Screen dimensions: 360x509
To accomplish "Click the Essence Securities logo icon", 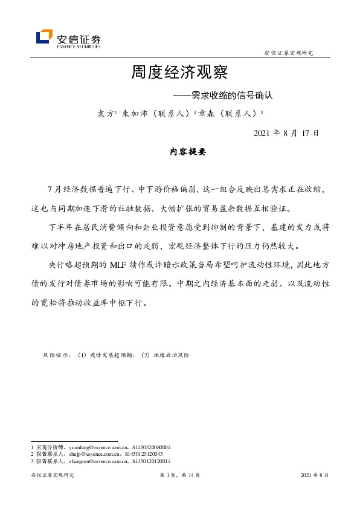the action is pos(44,37).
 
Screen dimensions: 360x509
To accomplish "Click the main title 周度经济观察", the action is pos(179,74).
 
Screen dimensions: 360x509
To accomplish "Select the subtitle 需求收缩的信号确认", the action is pos(233,95).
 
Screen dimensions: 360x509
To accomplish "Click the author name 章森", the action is pos(202,113).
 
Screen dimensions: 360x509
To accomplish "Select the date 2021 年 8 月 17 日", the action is pos(286,132).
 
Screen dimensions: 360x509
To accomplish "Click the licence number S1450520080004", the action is pos(151,447).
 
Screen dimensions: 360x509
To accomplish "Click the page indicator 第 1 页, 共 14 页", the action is pos(179,476).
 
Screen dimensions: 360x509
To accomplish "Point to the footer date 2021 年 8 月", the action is pos(314,476).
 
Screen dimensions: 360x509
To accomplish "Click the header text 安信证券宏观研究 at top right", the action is pos(289,53).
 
